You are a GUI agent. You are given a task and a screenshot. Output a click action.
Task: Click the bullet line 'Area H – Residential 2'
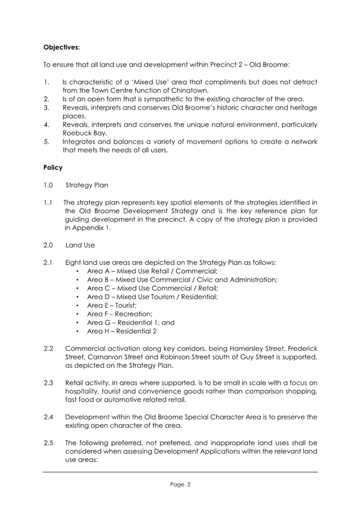tap(123, 331)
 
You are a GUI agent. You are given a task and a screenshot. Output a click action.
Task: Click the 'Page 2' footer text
tap(180, 485)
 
